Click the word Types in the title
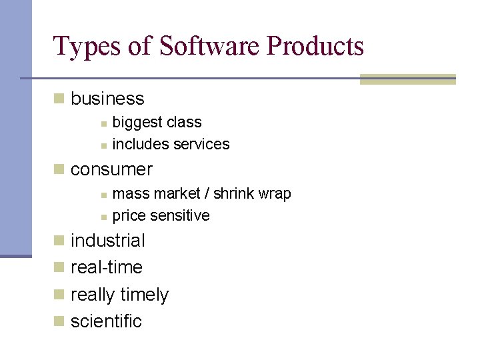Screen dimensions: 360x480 pyautogui.click(x=81, y=47)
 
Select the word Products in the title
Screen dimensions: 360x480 pyautogui.click(x=315, y=47)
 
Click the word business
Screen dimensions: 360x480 pyautogui.click(x=107, y=99)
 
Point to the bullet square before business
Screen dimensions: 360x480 pyautogui.click(x=59, y=99)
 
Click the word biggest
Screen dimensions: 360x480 pyautogui.click(x=137, y=123)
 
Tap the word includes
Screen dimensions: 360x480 pyautogui.click(x=141, y=144)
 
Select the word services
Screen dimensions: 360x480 pyautogui.click(x=201, y=144)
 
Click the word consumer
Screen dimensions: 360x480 pyautogui.click(x=111, y=169)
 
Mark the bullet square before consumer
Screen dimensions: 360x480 pyautogui.click(x=59, y=169)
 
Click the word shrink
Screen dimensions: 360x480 pyautogui.click(x=237, y=194)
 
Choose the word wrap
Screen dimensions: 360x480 pyautogui.click(x=275, y=194)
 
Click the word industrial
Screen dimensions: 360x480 pyautogui.click(x=107, y=240)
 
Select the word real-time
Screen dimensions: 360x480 pyautogui.click(x=107, y=267)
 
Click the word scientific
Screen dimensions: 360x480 pyautogui.click(x=106, y=321)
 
